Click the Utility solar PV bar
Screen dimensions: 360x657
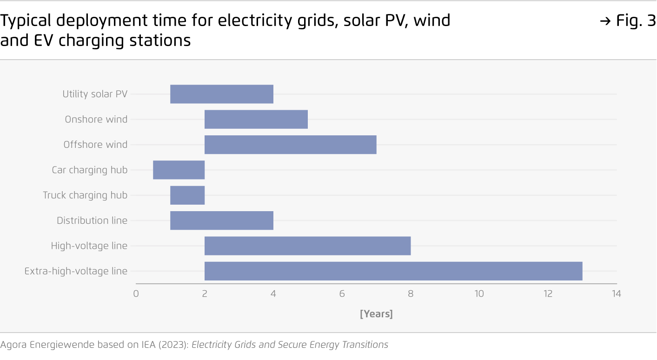[222, 94]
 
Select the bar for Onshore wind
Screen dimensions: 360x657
[256, 119]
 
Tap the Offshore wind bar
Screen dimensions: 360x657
[290, 145]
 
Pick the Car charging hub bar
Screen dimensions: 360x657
[179, 170]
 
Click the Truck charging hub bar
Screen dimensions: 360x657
[187, 195]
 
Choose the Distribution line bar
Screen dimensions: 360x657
[222, 220]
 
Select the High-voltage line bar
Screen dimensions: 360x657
[307, 246]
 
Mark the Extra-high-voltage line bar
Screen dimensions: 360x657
[393, 271]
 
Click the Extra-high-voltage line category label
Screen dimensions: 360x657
[76, 271]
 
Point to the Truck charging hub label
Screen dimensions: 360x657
[85, 195]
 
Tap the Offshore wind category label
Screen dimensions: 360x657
[95, 145]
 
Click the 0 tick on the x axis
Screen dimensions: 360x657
[136, 294]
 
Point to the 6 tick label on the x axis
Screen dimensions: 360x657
[342, 294]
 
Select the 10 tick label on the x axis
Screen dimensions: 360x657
[479, 294]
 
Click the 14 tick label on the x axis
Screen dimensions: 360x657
[616, 294]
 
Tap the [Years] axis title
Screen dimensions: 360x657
[376, 314]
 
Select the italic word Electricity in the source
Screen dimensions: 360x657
[213, 345]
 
